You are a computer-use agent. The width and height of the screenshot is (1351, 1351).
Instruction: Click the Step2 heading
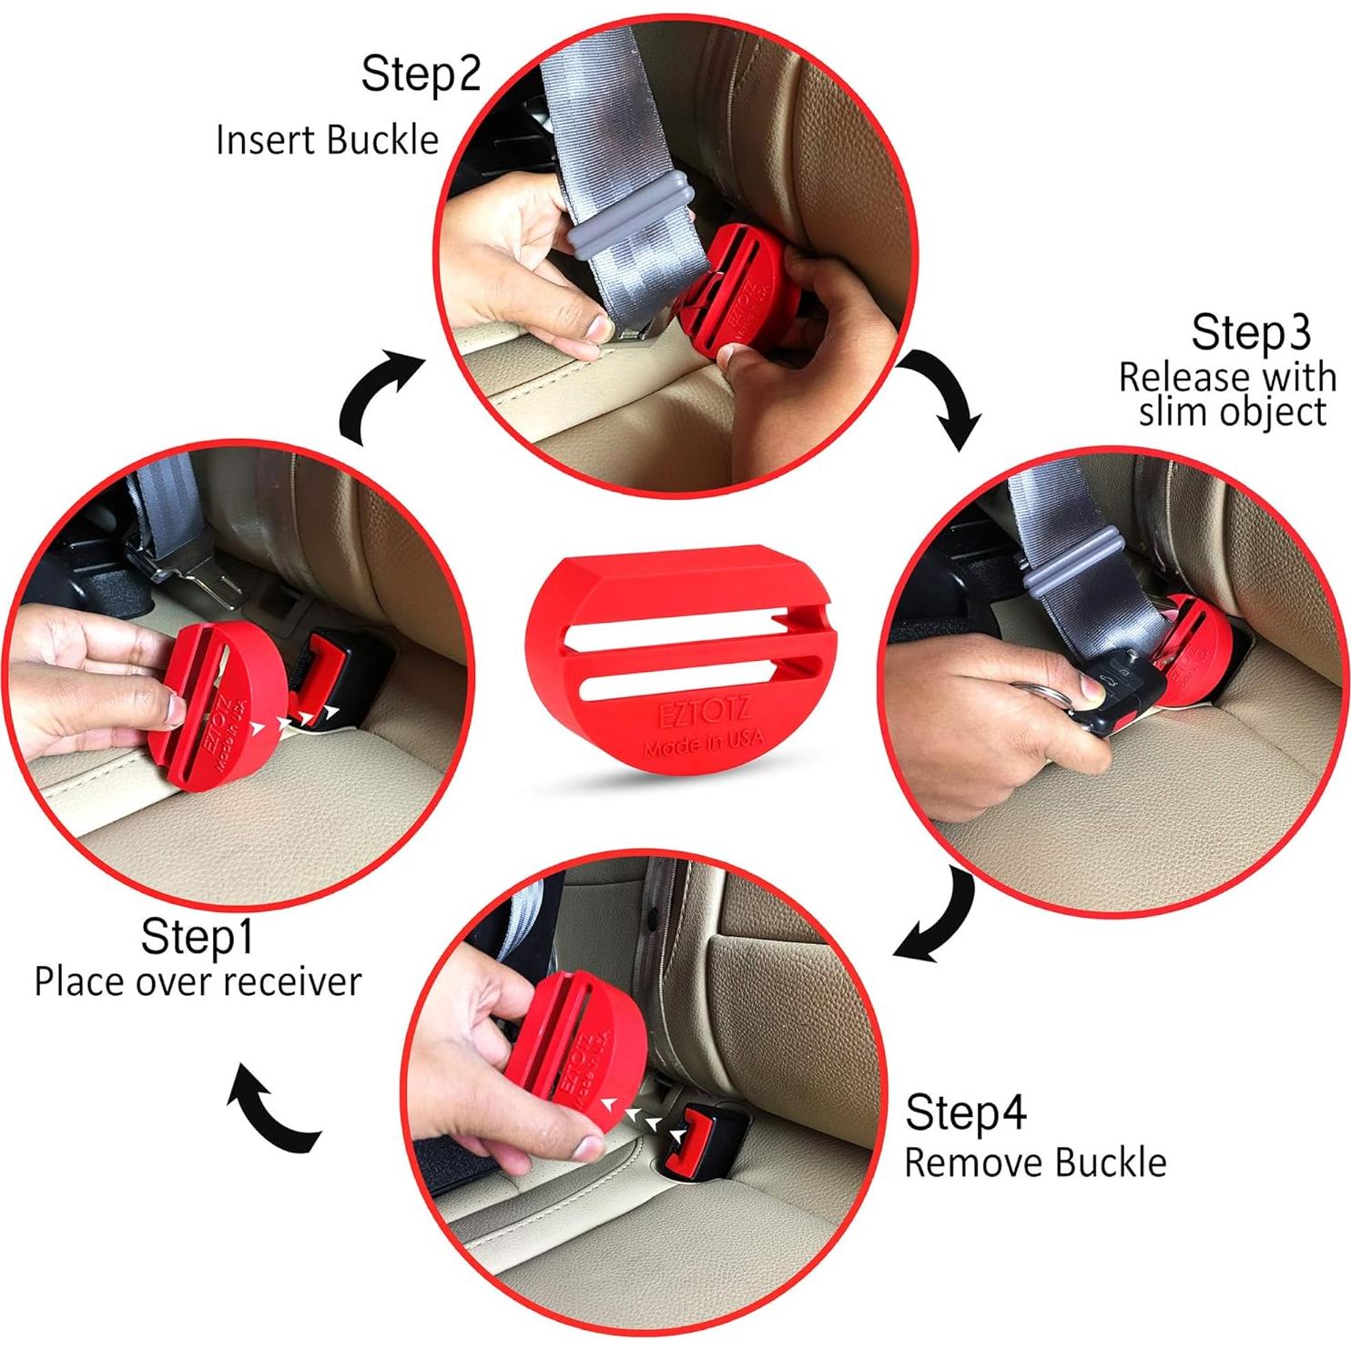420,74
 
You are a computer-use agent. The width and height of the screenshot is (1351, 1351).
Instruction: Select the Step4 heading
965,1112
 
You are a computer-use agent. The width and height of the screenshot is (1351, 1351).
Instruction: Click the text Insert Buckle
327,140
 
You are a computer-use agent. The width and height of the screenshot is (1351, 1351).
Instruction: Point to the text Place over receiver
198,982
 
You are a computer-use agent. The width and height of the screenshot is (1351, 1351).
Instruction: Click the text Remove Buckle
1035,1163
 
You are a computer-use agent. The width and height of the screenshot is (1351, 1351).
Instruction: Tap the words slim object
1232,412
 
